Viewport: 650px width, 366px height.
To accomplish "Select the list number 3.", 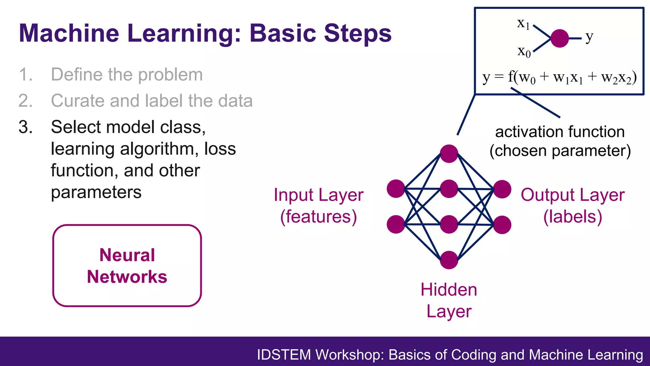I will pyautogui.click(x=25, y=127).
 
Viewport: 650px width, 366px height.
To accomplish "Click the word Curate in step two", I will pyautogui.click(x=77, y=101).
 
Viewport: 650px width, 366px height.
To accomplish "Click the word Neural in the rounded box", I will pyautogui.click(x=127, y=255).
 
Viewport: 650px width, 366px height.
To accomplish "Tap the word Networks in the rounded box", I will pyautogui.click(x=127, y=277).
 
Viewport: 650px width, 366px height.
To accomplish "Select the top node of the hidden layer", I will pyautogui.click(x=449, y=154).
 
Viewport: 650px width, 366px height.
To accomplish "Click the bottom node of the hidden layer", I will pyautogui.click(x=449, y=260).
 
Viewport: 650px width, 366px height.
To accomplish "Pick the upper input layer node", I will pyautogui.click(x=396, y=189).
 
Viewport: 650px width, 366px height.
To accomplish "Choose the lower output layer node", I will pyautogui.click(x=502, y=225).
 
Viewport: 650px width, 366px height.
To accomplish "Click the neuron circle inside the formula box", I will pyautogui.click(x=560, y=38).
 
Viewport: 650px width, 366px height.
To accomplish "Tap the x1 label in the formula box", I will pyautogui.click(x=523, y=24).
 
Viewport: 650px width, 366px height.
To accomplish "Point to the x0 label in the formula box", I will pyautogui.click(x=524, y=51).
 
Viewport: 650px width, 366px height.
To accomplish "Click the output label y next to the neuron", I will pyautogui.click(x=589, y=37).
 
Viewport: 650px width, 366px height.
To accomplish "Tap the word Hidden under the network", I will pyautogui.click(x=449, y=290).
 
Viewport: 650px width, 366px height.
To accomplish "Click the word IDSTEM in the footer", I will pyautogui.click(x=284, y=355).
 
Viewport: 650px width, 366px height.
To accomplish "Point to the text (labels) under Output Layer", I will pyautogui.click(x=573, y=217).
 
